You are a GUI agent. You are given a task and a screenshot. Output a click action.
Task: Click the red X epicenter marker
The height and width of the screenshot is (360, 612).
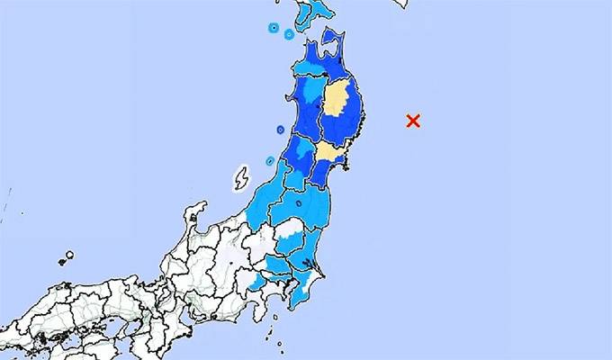click(413, 121)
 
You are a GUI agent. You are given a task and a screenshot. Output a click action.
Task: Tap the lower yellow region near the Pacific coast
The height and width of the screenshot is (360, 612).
click(327, 153)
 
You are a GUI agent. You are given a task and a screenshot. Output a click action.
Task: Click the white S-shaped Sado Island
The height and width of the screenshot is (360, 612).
click(241, 178)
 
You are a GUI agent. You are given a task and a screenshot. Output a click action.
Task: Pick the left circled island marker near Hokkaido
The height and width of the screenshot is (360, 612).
click(272, 28)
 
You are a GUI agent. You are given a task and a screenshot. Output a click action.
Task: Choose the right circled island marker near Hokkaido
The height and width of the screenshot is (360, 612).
click(289, 34)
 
